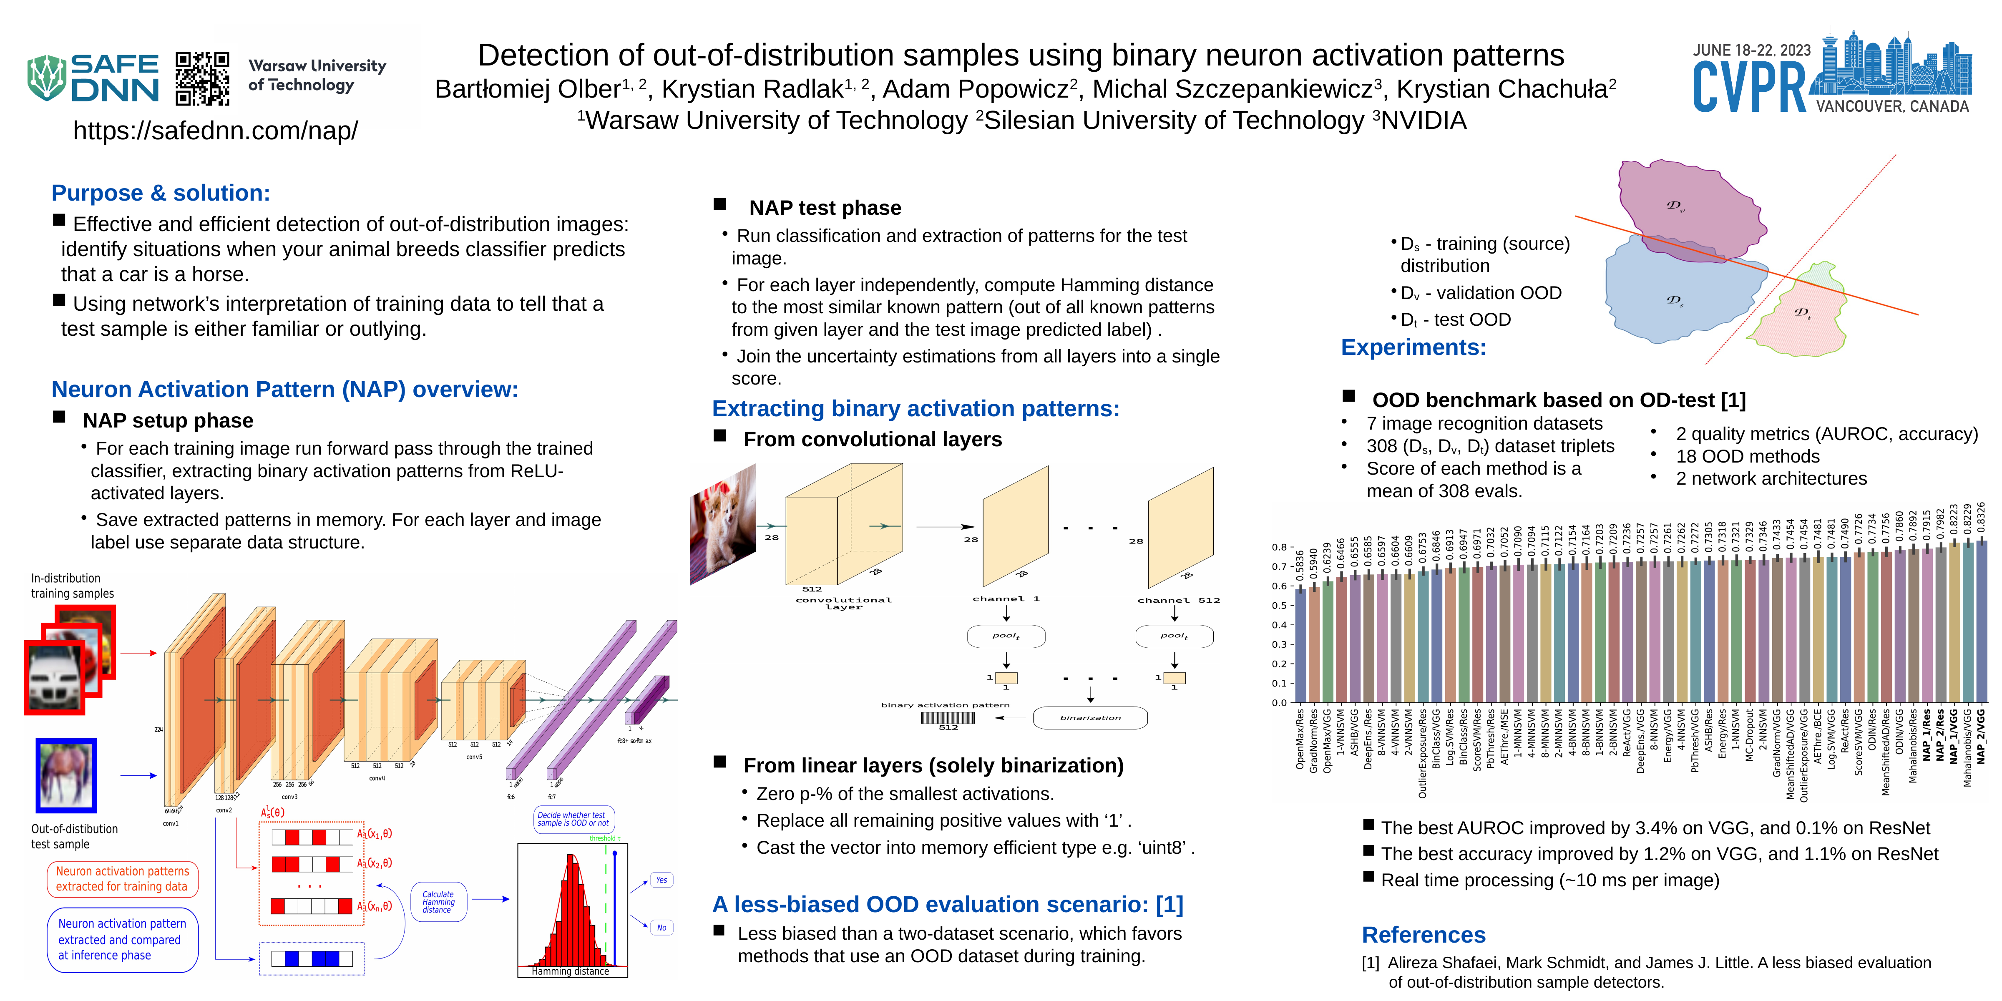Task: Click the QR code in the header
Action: tap(202, 78)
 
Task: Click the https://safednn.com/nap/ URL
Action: tap(215, 131)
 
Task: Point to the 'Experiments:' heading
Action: tap(1413, 347)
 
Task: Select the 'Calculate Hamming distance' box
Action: tap(438, 901)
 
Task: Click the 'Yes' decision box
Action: tap(661, 880)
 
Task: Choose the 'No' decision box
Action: tap(661, 927)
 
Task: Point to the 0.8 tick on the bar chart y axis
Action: tap(1279, 547)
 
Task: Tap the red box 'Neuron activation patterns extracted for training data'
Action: tap(122, 879)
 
